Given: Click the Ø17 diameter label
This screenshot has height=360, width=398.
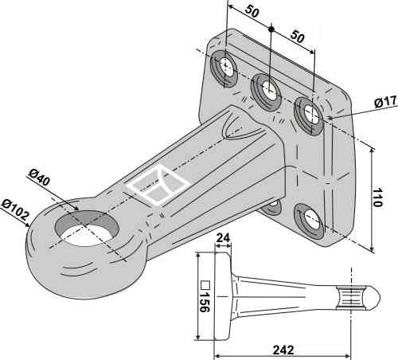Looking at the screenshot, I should click(384, 103).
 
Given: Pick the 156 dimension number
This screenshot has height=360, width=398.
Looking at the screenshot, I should click(204, 298).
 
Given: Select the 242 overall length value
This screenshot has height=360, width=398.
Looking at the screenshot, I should click(283, 350).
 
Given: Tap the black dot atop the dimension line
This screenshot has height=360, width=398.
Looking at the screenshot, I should click(271, 29).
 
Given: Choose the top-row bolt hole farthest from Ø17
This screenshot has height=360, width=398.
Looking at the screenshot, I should click(226, 68).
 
